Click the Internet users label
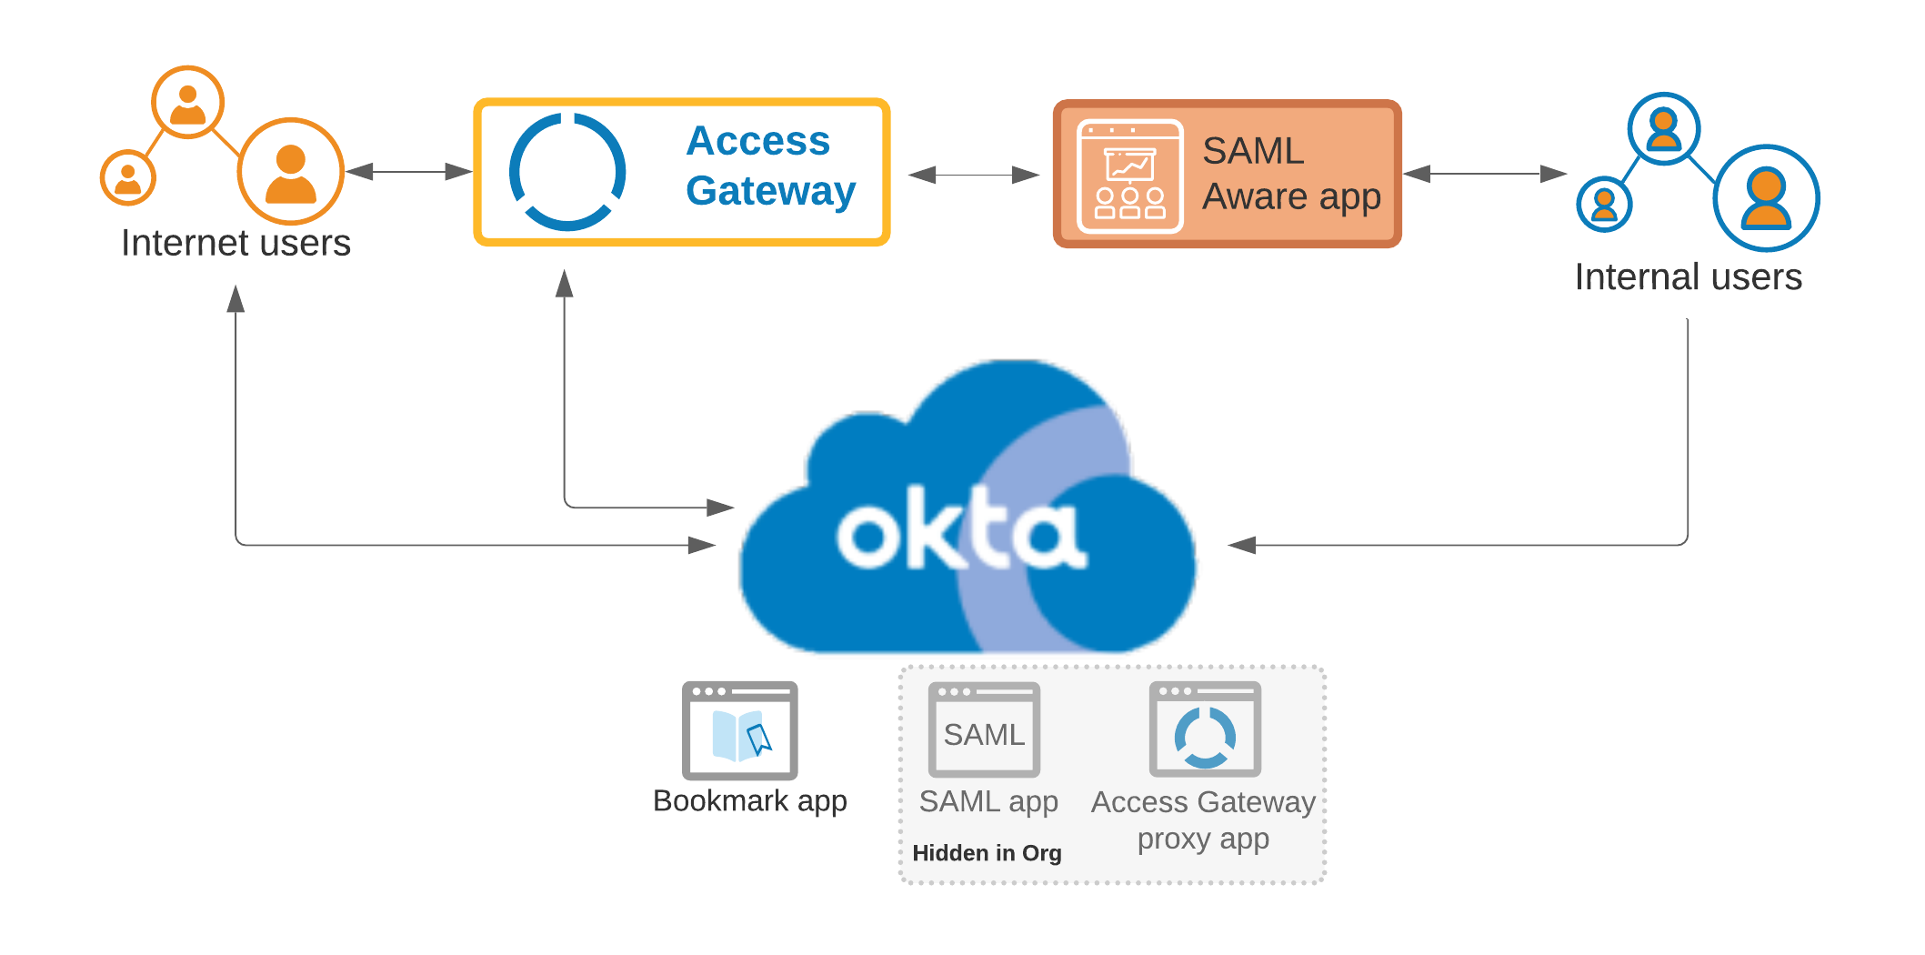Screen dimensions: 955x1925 tap(236, 243)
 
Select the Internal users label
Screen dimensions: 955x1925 tap(1688, 276)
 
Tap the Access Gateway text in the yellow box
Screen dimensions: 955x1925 tap(769, 166)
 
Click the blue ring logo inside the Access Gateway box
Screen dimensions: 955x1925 tap(567, 171)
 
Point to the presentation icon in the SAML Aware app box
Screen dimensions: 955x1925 tap(1130, 176)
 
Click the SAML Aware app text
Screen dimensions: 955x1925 tap(1290, 174)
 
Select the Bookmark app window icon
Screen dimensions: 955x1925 tap(739, 730)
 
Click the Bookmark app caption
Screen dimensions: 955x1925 tap(749, 800)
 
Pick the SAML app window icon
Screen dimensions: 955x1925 tap(984, 729)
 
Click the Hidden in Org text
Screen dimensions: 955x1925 tap(987, 853)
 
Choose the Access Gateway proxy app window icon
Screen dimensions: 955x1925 tap(1205, 729)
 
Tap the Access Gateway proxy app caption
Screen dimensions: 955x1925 tap(1203, 819)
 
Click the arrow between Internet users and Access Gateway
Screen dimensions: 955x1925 tap(409, 171)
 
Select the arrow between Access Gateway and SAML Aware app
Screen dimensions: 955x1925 tap(974, 175)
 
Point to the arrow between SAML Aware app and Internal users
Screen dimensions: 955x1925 tap(1485, 174)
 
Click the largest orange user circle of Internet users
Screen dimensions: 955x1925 tap(291, 171)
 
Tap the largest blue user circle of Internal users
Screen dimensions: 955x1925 tap(1766, 198)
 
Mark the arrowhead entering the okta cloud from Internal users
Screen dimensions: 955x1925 tap(1242, 545)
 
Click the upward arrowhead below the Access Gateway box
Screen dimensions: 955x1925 tap(565, 283)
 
